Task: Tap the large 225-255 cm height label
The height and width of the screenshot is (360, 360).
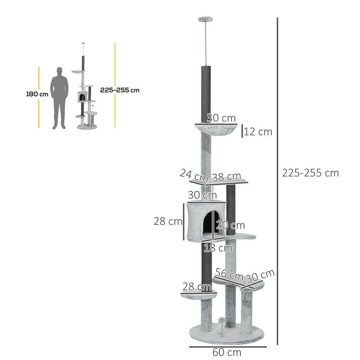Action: [310, 173]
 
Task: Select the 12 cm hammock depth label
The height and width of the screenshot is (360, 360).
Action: [258, 132]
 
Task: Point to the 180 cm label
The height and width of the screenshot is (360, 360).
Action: [37, 94]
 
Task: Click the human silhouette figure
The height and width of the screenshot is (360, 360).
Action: [59, 98]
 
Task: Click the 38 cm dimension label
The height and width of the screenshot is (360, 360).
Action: [227, 177]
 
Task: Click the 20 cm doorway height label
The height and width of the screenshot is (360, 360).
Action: [231, 225]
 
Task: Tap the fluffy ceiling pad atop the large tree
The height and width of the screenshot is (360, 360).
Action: [205, 20]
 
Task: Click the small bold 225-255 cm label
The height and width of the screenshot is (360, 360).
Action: [120, 90]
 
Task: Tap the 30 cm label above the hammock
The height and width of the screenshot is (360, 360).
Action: [221, 118]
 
